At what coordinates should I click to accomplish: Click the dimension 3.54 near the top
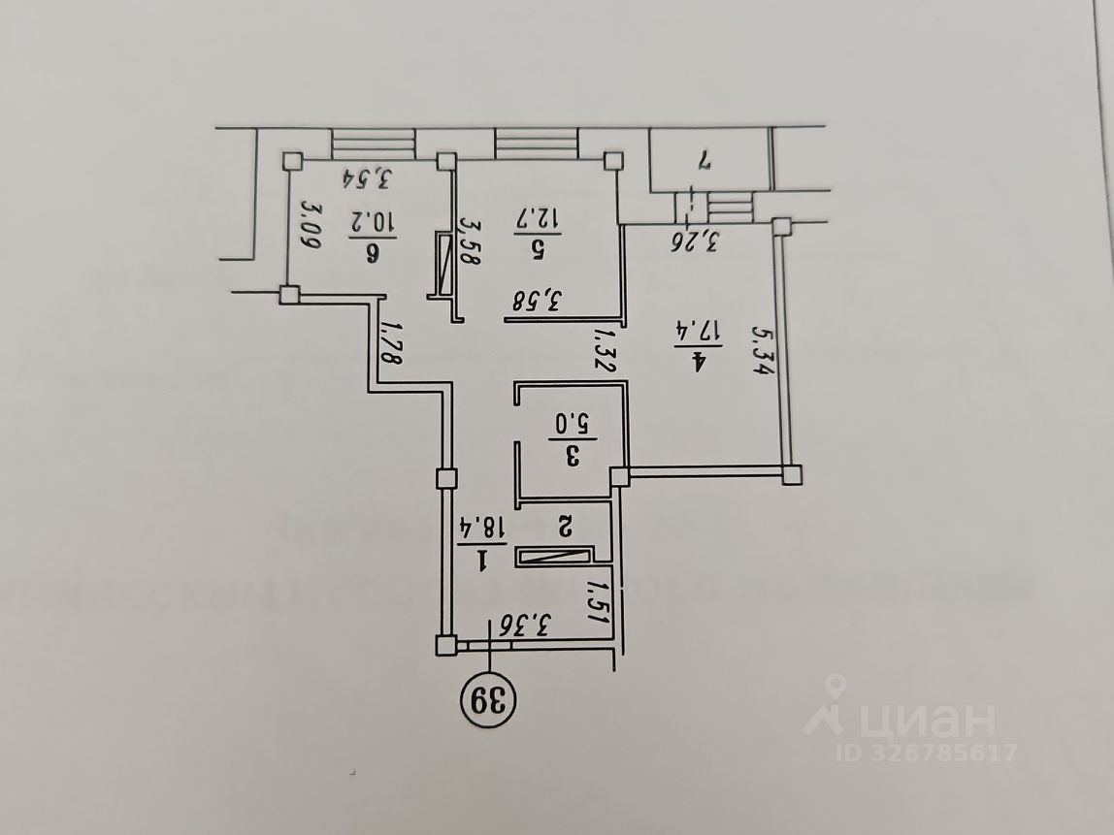371,178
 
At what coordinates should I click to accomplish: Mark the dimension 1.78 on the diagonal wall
391,342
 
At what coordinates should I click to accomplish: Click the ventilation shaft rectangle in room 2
554,555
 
